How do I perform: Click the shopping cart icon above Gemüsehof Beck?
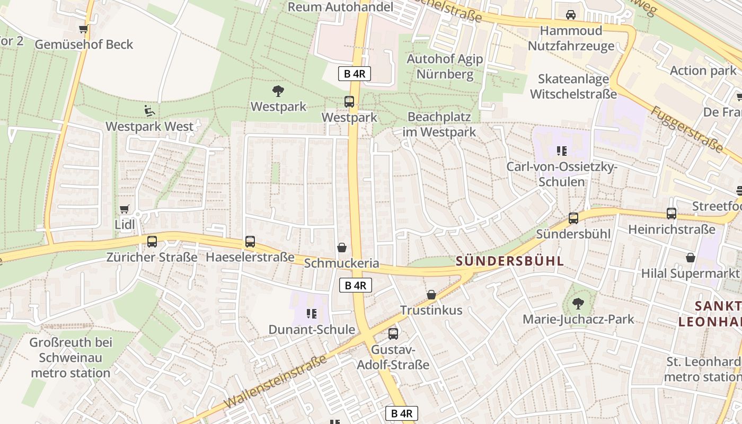click(83, 29)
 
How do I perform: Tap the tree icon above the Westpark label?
click(278, 91)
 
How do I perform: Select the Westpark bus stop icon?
click(349, 102)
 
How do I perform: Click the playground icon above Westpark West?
click(150, 111)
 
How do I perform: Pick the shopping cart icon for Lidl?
click(125, 209)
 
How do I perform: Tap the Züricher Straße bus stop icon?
click(152, 242)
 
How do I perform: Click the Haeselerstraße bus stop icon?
click(250, 242)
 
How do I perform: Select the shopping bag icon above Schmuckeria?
click(342, 248)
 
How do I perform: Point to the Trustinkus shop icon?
click(431, 295)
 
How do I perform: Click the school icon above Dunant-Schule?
click(311, 314)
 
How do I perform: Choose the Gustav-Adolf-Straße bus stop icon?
click(393, 334)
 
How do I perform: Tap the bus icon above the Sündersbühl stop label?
click(573, 218)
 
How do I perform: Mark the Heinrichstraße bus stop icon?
click(672, 214)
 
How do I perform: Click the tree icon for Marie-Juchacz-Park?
click(578, 304)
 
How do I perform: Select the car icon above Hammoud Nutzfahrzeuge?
click(571, 15)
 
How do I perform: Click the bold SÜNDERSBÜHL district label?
click(510, 261)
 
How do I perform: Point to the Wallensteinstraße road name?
click(275, 382)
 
